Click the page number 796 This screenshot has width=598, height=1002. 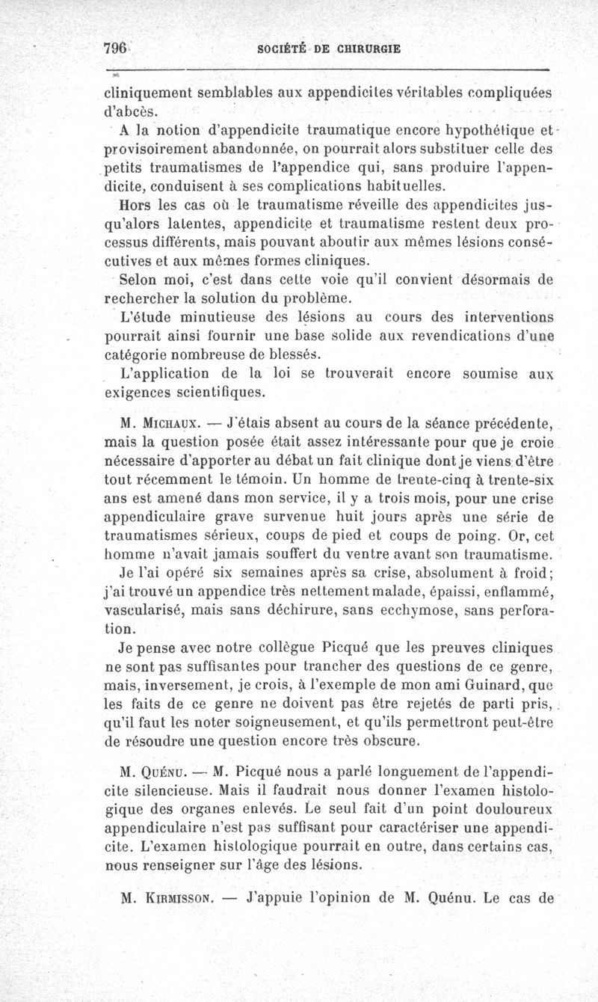pos(115,49)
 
